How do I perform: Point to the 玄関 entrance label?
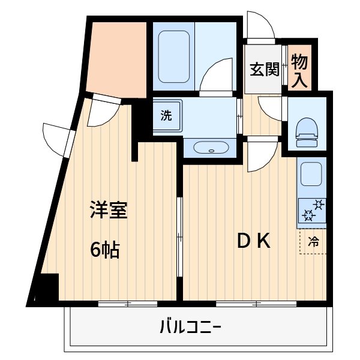pyautogui.click(x=265, y=70)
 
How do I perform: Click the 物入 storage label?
pyautogui.click(x=299, y=71)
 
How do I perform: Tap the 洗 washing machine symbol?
pyautogui.click(x=166, y=116)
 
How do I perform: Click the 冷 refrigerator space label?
pyautogui.click(x=313, y=242)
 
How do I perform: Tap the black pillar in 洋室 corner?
pyautogui.click(x=49, y=287)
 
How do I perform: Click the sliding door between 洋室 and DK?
pyautogui.click(x=179, y=234)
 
